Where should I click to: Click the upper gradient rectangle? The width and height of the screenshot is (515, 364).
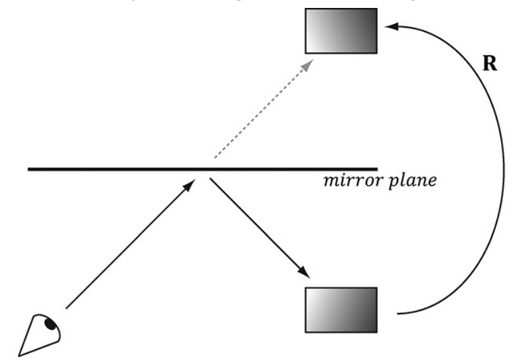[341, 30]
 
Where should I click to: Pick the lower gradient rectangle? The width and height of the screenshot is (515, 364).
[341, 309]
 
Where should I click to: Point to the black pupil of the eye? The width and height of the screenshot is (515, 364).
[49, 324]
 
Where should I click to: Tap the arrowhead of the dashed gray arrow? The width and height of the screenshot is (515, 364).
[309, 63]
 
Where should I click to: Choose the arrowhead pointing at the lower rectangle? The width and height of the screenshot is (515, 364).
[305, 274]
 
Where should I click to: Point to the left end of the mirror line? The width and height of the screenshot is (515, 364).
[29, 169]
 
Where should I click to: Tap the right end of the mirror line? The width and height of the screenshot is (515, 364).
[376, 169]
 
